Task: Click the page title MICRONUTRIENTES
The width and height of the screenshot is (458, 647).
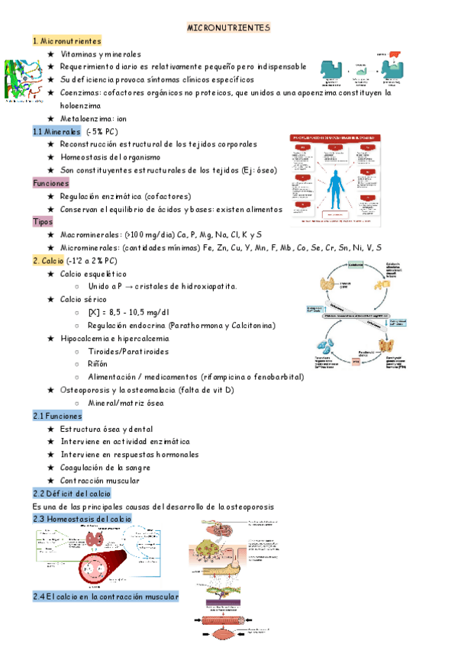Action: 229,27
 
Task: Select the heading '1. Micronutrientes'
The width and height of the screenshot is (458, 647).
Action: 67,41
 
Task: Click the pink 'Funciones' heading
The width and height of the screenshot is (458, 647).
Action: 50,183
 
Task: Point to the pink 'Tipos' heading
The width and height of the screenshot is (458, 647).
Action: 43,221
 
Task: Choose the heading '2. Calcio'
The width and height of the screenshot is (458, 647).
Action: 48,261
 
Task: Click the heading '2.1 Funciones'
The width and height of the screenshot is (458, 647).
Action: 57,416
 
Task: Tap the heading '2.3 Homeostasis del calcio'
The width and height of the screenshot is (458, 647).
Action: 82,519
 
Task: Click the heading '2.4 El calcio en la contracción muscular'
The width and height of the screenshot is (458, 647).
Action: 105,597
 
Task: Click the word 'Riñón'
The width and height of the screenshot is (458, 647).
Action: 99,364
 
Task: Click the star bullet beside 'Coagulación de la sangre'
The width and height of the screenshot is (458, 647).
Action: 50,468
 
